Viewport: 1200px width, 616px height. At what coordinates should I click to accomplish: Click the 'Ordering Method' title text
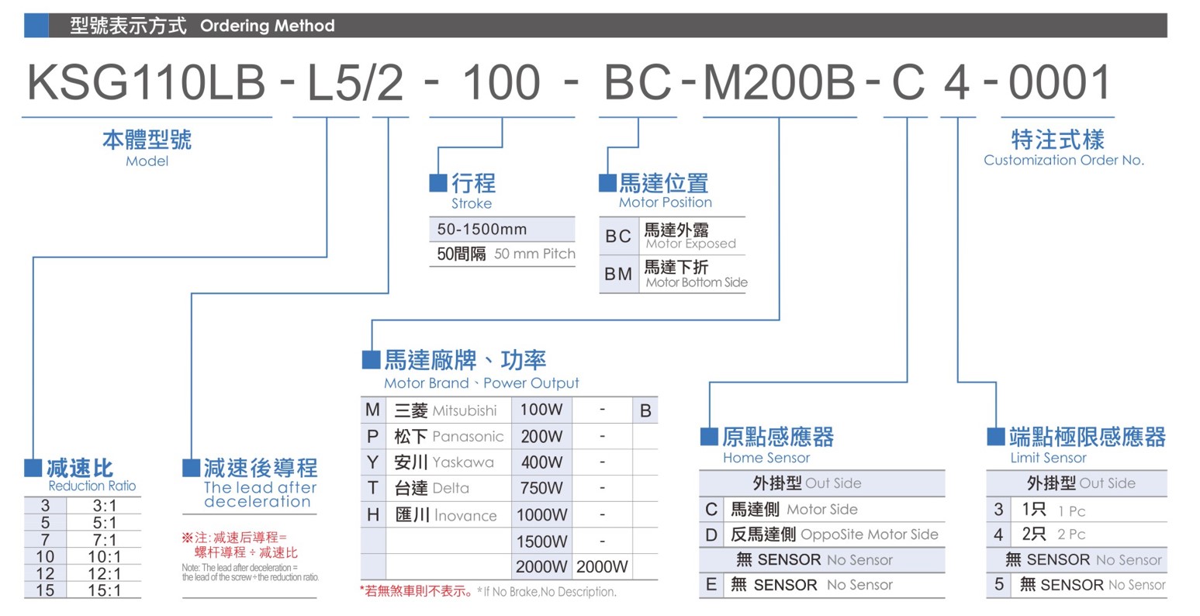[x=268, y=26]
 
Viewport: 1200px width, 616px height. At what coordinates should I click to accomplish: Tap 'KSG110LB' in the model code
[x=147, y=82]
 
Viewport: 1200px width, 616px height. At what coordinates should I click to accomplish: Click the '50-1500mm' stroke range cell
[x=482, y=230]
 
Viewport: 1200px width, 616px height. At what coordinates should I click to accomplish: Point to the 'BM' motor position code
[x=618, y=274]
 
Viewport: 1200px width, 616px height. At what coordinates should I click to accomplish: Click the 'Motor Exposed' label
[x=690, y=244]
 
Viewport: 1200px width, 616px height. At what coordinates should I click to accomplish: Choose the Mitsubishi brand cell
[x=446, y=410]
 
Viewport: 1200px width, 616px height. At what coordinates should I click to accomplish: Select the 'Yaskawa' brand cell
[x=444, y=462]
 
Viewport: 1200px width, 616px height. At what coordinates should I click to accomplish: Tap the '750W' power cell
[x=541, y=488]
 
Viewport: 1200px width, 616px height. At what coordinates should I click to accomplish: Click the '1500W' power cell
[x=541, y=541]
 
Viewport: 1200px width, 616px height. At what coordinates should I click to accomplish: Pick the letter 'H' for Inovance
[x=373, y=515]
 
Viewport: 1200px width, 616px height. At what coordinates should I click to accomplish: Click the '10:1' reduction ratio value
[x=105, y=556]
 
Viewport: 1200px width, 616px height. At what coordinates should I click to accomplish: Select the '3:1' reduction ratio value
[x=105, y=505]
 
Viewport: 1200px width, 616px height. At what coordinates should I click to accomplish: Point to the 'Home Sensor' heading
[x=766, y=458]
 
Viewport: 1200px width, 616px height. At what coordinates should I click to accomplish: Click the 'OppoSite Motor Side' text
[x=869, y=534]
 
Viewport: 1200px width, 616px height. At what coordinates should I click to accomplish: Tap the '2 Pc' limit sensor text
[x=1071, y=535]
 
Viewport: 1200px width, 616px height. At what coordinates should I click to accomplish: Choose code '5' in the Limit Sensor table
[x=998, y=584]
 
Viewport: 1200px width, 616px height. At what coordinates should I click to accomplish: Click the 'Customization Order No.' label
[x=1064, y=160]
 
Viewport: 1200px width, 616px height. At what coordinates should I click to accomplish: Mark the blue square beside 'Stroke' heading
[x=438, y=182]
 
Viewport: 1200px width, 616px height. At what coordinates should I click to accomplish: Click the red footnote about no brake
[x=416, y=591]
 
